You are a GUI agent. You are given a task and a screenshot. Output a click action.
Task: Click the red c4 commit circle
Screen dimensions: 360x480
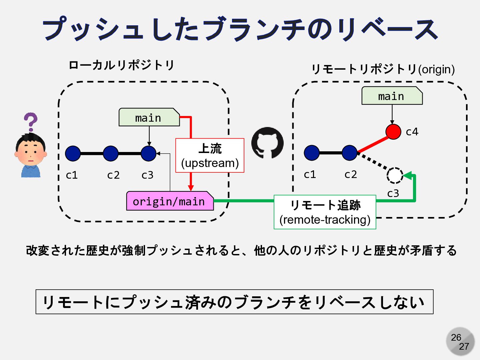pos(393,132)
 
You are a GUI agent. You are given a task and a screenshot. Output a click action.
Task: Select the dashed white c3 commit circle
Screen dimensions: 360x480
pos(395,175)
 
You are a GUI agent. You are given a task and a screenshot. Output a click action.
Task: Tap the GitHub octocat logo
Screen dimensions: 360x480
pos(267,143)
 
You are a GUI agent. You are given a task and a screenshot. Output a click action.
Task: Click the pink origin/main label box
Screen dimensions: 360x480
pos(170,201)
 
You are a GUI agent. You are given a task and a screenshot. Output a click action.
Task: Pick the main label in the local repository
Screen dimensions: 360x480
pos(149,118)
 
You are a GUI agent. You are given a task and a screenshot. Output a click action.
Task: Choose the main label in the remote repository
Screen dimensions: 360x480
pos(392,96)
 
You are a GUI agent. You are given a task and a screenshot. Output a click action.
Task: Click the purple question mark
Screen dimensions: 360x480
pos(31,122)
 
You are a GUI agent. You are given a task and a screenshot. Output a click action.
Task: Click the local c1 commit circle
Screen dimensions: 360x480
pos(73,153)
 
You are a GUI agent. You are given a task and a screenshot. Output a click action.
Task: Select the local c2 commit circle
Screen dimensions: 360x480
pos(111,153)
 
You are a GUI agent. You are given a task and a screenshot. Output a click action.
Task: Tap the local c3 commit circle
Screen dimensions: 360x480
pos(149,153)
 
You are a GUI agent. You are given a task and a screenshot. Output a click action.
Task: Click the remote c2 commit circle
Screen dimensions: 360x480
pos(349,153)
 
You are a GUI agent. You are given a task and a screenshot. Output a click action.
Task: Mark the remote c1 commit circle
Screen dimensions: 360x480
pos(312,153)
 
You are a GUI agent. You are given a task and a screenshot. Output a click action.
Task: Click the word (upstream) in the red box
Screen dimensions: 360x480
pos(210,163)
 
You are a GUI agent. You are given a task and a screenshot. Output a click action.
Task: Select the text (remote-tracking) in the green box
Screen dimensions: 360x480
pos(325,220)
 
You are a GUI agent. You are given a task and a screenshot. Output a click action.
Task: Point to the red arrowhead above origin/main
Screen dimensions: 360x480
pos(191,187)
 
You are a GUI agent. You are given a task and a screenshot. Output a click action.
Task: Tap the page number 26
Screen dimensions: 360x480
pos(456,337)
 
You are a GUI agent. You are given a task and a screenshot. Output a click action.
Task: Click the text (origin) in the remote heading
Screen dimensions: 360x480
pos(436,69)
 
